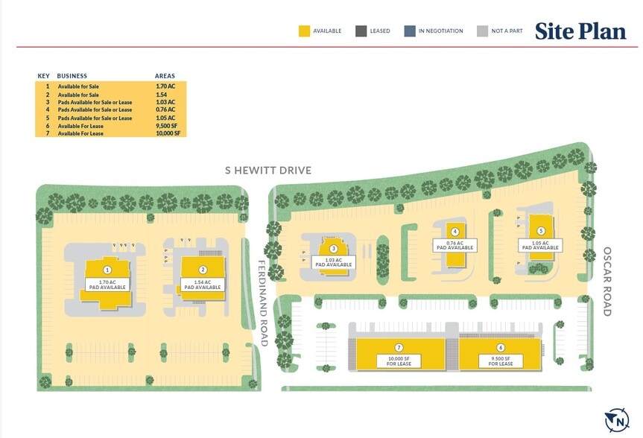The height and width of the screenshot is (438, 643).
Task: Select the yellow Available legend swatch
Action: tap(304, 31)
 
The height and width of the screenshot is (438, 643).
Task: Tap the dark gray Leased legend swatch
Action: tap(361, 31)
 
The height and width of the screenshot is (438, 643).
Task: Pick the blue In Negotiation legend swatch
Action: tap(410, 31)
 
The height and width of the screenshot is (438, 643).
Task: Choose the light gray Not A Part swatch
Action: tap(482, 31)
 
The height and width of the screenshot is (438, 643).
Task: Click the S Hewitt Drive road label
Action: tap(268, 171)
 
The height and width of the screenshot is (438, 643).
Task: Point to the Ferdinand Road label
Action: tap(263, 302)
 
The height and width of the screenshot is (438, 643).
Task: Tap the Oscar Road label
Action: tap(607, 282)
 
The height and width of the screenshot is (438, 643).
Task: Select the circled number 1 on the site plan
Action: tap(107, 270)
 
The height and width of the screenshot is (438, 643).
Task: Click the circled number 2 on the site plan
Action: tap(203, 270)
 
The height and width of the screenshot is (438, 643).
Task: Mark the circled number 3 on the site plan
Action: tap(334, 249)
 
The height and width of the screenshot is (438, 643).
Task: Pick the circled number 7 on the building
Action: tap(399, 348)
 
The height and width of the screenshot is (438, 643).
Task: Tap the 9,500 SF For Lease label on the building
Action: tap(499, 361)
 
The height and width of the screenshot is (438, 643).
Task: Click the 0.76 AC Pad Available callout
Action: tap(454, 245)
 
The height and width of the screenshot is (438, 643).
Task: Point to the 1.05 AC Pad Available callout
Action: tap(541, 245)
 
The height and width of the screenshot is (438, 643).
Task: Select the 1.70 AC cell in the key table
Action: tap(165, 87)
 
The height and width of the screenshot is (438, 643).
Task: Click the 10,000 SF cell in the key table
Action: tap(168, 133)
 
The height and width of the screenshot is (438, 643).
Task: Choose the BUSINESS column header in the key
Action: tap(72, 76)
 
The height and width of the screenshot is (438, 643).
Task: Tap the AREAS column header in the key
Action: tap(165, 76)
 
